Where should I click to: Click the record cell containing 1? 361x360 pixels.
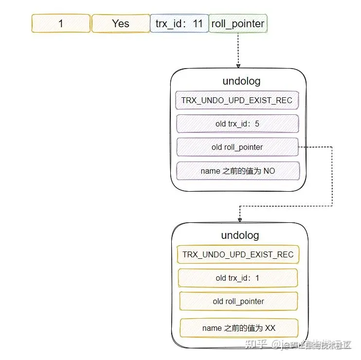click(61, 23)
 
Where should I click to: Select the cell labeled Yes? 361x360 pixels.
click(121, 23)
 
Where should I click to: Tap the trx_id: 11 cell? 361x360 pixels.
click(179, 23)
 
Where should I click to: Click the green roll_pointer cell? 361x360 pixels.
click(238, 23)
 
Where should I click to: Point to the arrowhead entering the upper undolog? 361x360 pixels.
click(238, 65)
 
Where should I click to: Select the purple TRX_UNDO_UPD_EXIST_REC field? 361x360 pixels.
click(237, 101)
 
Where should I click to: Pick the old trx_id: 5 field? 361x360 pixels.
click(237, 124)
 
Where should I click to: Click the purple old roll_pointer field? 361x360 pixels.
click(237, 147)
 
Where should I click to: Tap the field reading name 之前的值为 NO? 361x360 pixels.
click(237, 171)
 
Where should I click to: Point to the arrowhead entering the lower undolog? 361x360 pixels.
click(239, 220)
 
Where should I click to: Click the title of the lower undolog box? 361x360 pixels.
click(240, 235)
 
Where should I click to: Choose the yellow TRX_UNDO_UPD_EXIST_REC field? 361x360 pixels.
click(238, 254)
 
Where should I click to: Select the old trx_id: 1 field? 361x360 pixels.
click(238, 278)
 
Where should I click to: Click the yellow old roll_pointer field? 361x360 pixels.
click(238, 302)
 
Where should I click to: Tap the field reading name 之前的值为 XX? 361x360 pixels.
click(238, 328)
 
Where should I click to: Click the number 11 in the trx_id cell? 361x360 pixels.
click(198, 23)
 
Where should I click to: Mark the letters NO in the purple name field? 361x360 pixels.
click(269, 171)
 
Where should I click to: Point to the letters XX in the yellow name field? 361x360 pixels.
click(270, 328)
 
